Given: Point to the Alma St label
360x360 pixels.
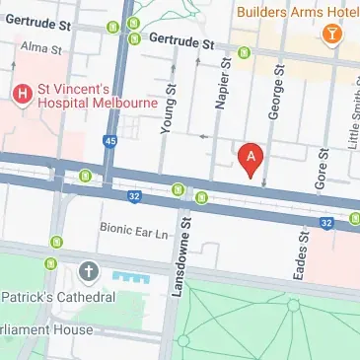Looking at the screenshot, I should [41, 47].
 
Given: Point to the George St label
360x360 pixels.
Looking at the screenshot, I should [276, 100].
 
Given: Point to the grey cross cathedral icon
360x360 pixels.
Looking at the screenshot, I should [89, 271].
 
